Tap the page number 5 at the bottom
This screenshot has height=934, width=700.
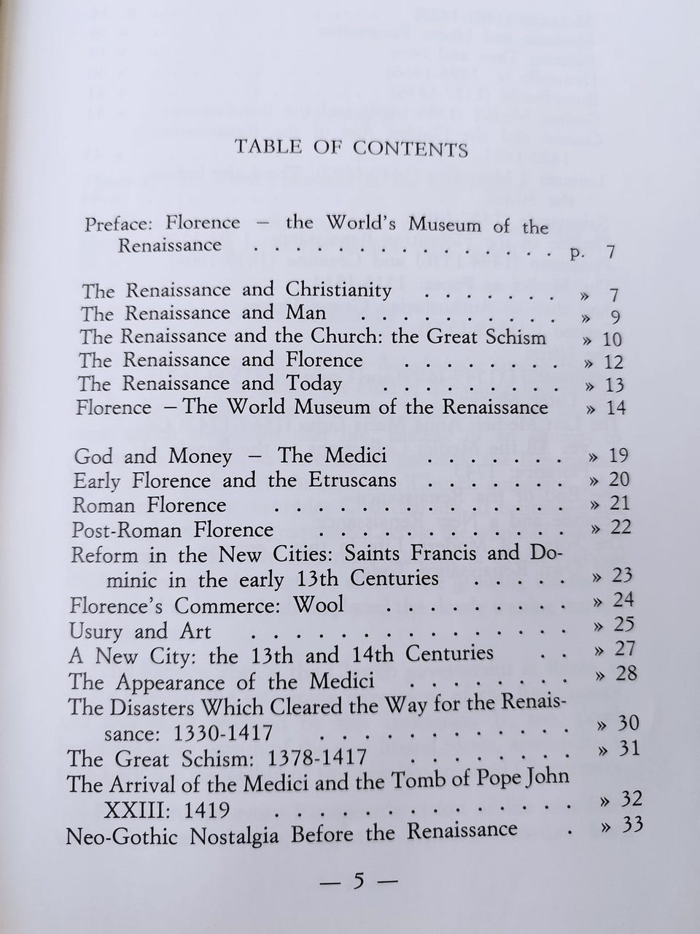357,881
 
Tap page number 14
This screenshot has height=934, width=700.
616,407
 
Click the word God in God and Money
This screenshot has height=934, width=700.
94,457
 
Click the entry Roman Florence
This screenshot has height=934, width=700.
149,505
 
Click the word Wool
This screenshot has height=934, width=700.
318,605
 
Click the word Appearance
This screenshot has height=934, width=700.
185,682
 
